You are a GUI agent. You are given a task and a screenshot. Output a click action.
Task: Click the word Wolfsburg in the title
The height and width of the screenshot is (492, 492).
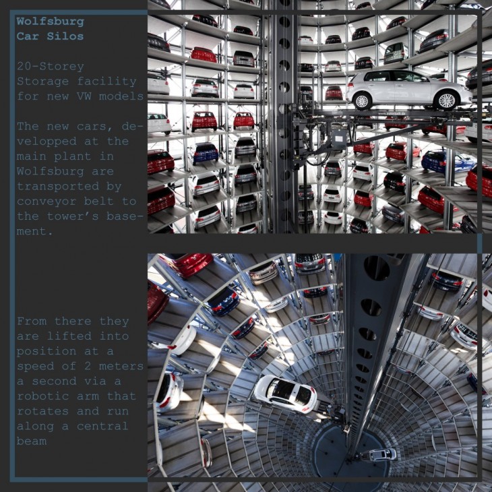pyautogui.click(x=50, y=22)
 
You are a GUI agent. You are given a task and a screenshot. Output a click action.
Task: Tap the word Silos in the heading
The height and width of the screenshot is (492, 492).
pyautogui.click(x=65, y=36)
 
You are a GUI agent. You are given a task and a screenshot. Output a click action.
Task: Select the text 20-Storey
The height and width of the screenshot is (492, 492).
pyautogui.click(x=50, y=67)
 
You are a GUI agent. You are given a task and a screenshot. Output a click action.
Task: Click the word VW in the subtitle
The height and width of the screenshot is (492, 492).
pyautogui.click(x=84, y=96)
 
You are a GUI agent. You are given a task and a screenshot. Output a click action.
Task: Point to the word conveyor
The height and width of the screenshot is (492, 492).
pyautogui.click(x=47, y=201)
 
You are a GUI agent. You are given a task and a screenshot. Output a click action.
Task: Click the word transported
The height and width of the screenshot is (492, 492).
pyautogui.click(x=58, y=187)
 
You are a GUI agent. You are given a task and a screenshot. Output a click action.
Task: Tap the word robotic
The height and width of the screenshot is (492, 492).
pyautogui.click(x=42, y=396)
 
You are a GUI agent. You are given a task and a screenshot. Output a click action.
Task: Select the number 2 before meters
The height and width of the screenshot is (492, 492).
pyautogui.click(x=88, y=366)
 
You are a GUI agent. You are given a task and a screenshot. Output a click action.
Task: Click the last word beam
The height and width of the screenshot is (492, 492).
pyautogui.click(x=32, y=441)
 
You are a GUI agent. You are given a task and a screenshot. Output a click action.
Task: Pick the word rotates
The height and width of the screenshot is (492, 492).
pyautogui.click(x=42, y=411)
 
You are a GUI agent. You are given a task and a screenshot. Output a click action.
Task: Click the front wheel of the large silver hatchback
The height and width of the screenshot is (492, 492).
pyautogui.click(x=446, y=100)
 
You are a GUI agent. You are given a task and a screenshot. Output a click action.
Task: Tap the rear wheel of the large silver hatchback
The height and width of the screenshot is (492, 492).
pyautogui.click(x=362, y=101)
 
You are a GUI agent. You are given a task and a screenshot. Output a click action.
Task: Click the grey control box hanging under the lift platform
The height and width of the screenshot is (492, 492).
pyautogui.click(x=339, y=137)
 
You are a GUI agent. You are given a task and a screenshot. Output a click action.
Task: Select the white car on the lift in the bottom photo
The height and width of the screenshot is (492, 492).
pyautogui.click(x=286, y=394)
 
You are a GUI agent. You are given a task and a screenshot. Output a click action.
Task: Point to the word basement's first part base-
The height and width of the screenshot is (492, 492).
pyautogui.click(x=125, y=216)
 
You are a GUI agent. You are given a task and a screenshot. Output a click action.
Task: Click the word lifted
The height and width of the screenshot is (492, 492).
pyautogui.click(x=69, y=336)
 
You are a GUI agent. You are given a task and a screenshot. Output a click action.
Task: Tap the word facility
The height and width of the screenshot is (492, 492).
pyautogui.click(x=106, y=82)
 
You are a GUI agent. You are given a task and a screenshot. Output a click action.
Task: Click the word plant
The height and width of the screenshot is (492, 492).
pyautogui.click(x=73, y=156)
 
